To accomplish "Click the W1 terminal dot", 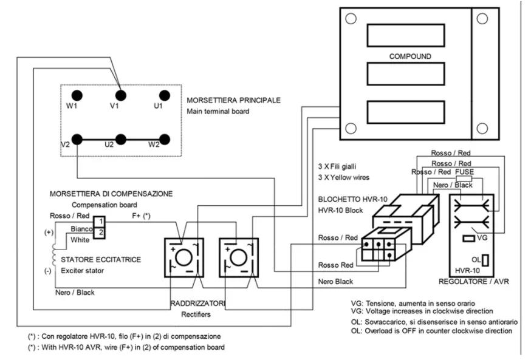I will click(x=77, y=95).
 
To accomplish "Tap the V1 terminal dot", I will click(x=121, y=95).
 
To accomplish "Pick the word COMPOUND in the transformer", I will click(x=410, y=56).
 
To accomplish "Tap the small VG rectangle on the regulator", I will click(x=468, y=239).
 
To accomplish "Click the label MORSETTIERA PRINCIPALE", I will click(x=234, y=100).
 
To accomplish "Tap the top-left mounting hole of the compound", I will click(x=351, y=18).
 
